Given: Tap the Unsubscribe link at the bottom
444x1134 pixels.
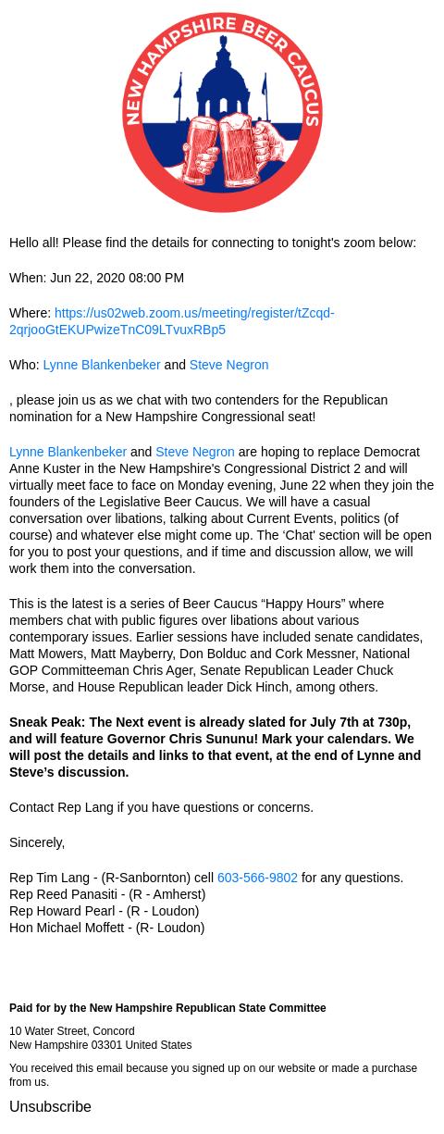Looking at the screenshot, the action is point(50,1106).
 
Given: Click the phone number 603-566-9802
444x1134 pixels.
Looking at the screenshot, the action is point(257,878).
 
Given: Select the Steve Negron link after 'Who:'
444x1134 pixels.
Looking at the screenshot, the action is point(228,365).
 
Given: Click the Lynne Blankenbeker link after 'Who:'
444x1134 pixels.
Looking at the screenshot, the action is point(102,365).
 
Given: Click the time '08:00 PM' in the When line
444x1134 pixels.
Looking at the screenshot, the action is point(155,278).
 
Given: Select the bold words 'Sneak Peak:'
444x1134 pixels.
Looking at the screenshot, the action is point(47,722).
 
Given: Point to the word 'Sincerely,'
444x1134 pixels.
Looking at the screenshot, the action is point(37,842).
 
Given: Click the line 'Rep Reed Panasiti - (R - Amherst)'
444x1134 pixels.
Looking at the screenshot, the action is point(107,894).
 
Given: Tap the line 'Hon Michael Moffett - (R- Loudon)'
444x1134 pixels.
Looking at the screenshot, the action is point(106,928).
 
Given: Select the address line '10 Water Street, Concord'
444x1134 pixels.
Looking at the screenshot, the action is point(71,1031).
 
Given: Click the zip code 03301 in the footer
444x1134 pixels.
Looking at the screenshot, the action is point(106,1045).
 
